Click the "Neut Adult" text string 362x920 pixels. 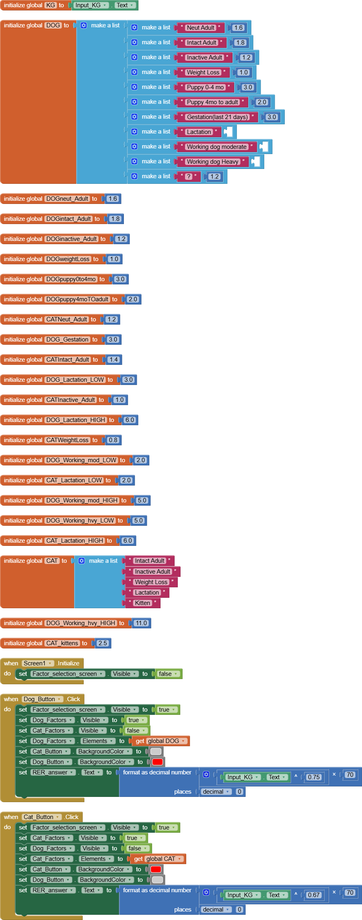201,28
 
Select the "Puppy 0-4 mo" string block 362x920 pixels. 205,87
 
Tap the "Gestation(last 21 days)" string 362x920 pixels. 217,117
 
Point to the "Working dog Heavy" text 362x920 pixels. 212,162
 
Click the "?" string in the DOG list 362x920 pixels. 189,177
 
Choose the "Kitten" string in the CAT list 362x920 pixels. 142,603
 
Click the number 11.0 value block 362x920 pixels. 141,623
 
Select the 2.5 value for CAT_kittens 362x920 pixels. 103,643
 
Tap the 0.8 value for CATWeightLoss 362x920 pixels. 113,440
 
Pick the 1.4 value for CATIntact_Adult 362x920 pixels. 113,360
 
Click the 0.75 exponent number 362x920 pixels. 314,777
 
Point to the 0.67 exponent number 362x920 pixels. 314,895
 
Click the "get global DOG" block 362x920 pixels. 160,741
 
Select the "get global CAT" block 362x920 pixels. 158,859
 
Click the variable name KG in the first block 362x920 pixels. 51,5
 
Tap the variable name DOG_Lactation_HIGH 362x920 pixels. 75,420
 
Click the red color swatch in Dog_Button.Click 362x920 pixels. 157,762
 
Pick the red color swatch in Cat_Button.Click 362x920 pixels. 156,869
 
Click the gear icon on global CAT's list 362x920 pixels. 82,561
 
